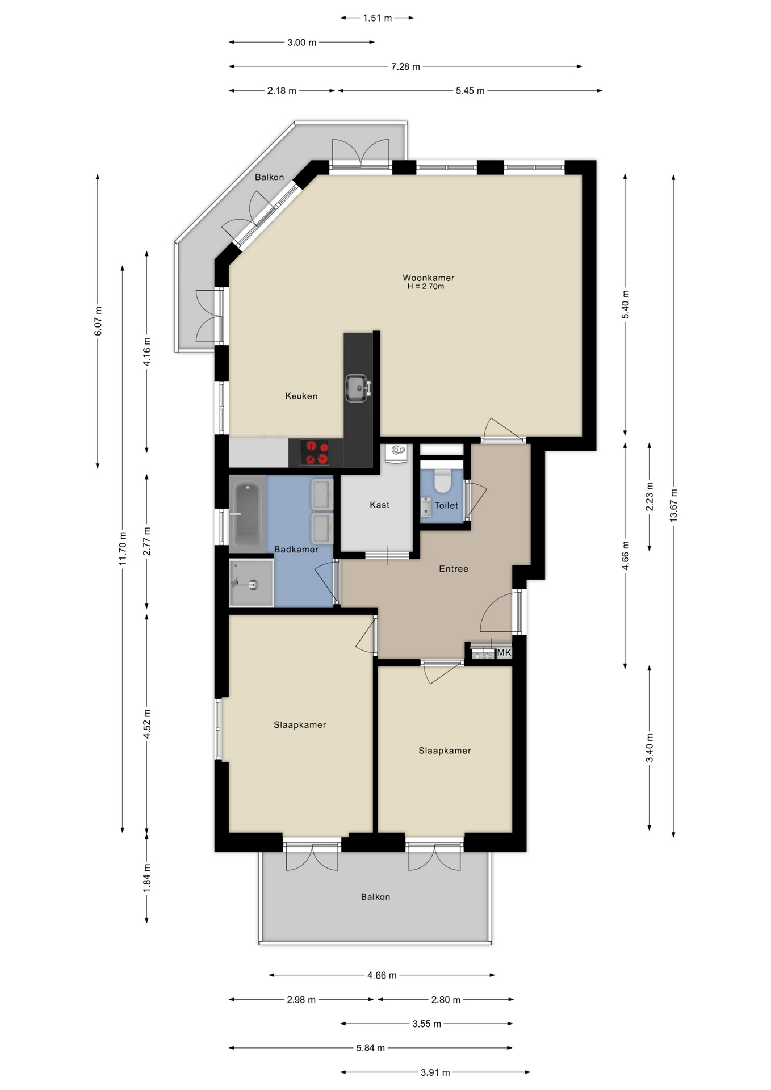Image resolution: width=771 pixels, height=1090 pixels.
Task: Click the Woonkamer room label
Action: click(x=428, y=278)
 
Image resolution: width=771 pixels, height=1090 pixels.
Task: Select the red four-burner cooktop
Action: click(x=315, y=452)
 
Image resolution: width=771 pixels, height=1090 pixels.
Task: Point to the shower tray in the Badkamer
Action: click(x=252, y=583)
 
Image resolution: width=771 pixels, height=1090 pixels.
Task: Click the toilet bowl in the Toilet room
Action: click(x=442, y=480)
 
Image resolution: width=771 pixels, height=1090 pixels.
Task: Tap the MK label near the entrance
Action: click(x=504, y=653)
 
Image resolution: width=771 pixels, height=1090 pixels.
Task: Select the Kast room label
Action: click(x=379, y=505)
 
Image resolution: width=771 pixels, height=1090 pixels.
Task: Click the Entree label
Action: click(x=454, y=568)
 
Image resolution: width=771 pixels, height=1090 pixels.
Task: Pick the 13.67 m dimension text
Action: click(x=673, y=505)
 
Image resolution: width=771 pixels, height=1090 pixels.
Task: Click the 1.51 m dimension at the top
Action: click(x=378, y=18)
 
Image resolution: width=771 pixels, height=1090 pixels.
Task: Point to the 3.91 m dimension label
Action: click(x=435, y=1072)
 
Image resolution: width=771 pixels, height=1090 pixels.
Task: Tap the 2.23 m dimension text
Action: click(x=650, y=497)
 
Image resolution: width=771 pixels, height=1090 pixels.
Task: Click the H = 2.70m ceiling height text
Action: click(x=426, y=287)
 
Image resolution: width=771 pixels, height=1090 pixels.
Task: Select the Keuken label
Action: click(x=301, y=396)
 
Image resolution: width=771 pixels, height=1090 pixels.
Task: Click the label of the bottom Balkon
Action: click(x=375, y=896)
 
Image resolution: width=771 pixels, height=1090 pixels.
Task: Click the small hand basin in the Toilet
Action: click(x=426, y=506)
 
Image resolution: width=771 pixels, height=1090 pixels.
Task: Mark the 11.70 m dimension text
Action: click(x=123, y=549)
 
